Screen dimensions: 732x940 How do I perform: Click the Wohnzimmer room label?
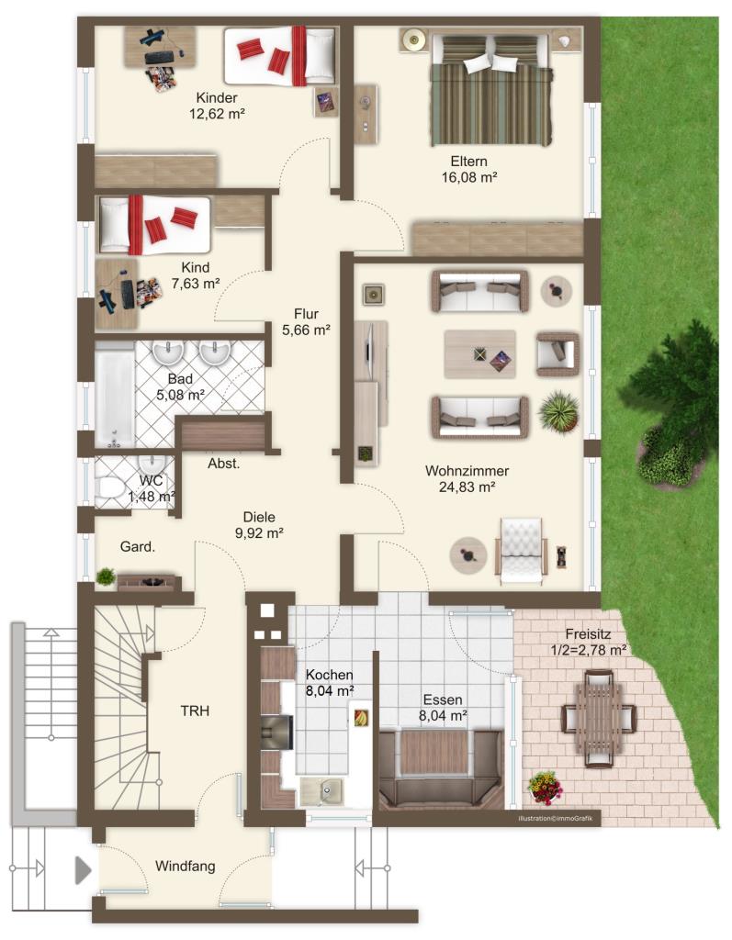467,471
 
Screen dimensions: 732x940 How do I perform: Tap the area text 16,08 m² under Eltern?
469,177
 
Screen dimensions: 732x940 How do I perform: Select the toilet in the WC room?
108,487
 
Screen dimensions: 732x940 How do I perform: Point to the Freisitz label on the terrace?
588,634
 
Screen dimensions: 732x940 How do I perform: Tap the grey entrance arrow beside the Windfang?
83,870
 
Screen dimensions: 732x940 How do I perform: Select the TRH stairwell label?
195,711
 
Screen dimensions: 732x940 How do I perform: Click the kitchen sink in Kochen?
321,790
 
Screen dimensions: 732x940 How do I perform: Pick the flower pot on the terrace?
546,787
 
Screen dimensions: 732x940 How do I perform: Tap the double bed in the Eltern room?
490,90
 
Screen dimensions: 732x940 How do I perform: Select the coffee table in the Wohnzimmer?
479,354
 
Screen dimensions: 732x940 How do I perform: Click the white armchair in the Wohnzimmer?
522,551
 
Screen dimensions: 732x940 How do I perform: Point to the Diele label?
259,518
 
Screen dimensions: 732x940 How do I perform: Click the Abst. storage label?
224,464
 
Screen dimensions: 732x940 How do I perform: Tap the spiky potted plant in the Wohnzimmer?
558,412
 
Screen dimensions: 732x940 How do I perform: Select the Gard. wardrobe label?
138,547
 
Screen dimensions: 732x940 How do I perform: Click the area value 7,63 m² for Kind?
196,284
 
